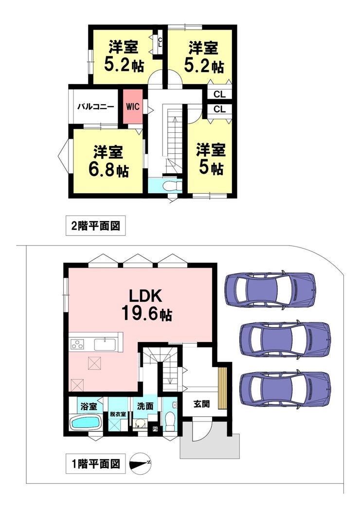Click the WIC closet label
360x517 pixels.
coord(133,107)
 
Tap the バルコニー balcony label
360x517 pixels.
coord(96,107)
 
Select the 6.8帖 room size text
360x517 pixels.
coord(108,170)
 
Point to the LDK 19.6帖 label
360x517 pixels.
coord(146,305)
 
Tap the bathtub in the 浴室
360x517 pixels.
coord(86,422)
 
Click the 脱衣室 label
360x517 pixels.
coord(118,414)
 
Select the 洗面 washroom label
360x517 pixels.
coord(145,406)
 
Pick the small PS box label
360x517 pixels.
coord(155,429)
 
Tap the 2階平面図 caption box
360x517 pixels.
coord(96,226)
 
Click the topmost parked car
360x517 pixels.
coord(270,289)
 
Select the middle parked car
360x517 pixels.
coord(285,339)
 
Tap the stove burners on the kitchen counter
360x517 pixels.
coord(77,344)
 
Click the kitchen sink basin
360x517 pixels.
coord(105,344)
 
